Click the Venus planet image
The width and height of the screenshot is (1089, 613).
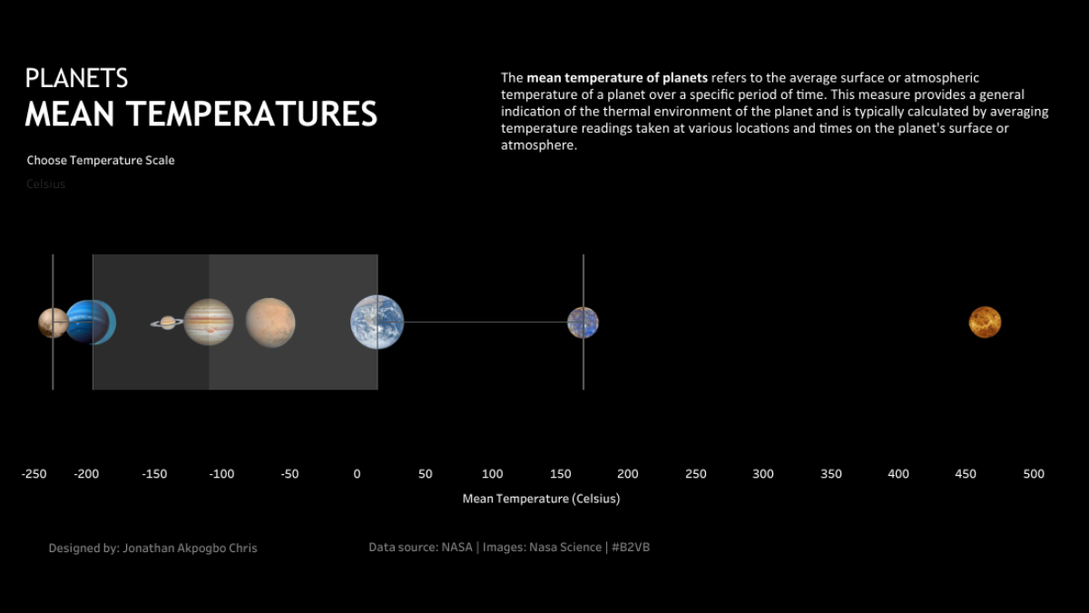pyautogui.click(x=985, y=321)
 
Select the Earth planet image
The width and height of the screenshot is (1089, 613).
pyautogui.click(x=378, y=322)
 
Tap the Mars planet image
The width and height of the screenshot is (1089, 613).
pyautogui.click(x=270, y=322)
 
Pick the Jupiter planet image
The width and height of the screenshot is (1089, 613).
pyautogui.click(x=209, y=322)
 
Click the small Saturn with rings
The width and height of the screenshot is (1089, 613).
pyautogui.click(x=167, y=322)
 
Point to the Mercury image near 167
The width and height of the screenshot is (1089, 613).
pyautogui.click(x=583, y=322)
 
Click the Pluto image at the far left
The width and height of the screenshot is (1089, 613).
pyautogui.click(x=52, y=322)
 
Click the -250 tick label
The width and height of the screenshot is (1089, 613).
pyautogui.click(x=34, y=474)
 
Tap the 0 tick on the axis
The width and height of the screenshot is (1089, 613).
pyautogui.click(x=357, y=474)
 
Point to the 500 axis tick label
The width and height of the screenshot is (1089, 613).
pyautogui.click(x=1034, y=474)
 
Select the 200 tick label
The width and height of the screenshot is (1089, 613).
pyautogui.click(x=627, y=474)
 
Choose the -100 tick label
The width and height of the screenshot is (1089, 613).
pyautogui.click(x=221, y=474)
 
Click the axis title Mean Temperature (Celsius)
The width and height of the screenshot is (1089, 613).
pyautogui.click(x=541, y=499)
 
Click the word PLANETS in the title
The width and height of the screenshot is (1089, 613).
pyautogui.click(x=76, y=78)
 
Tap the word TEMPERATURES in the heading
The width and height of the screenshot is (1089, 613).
pyautogui.click(x=251, y=114)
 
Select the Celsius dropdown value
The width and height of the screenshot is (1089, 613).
pyautogui.click(x=45, y=184)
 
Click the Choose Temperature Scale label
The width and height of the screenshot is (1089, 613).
pyautogui.click(x=100, y=161)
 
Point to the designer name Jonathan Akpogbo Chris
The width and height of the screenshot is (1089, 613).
pyautogui.click(x=189, y=549)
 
